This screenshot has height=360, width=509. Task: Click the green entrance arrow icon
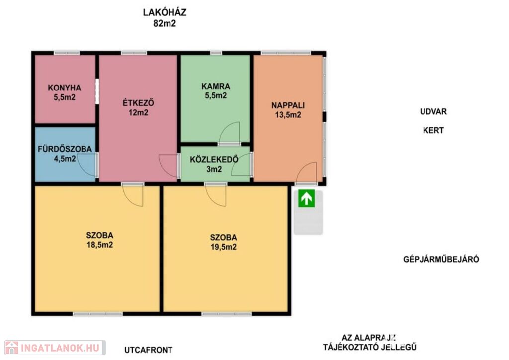tap(306, 198)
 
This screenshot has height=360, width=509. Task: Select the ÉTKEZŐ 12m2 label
tap(138, 108)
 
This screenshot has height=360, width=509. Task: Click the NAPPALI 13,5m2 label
tap(288, 110)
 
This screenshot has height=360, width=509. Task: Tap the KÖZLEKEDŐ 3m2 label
tap(214, 164)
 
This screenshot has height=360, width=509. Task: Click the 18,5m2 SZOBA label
tap(99, 240)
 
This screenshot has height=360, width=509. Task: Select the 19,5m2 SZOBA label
tap(223, 242)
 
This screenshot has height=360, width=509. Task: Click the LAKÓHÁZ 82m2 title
tap(165, 18)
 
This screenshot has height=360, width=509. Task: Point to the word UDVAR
tap(433, 112)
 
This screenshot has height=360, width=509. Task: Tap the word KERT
tap(433, 130)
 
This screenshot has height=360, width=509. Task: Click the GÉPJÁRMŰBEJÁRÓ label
tap(441, 259)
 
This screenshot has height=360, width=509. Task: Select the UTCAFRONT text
tap(148, 350)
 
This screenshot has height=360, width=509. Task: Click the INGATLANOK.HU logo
tap(55, 348)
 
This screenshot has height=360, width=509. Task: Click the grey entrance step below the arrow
tap(308, 220)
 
